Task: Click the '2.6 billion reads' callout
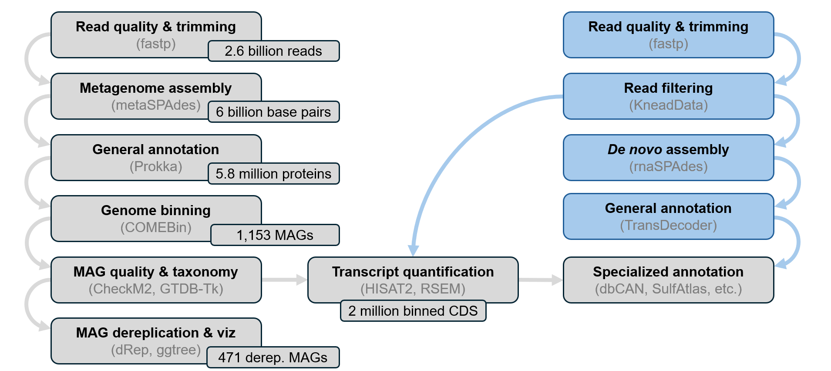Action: click(273, 51)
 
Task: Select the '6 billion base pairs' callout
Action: click(273, 112)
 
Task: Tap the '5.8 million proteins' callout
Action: click(273, 174)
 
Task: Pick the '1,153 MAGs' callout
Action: click(275, 235)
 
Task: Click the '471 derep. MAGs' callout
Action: click(273, 358)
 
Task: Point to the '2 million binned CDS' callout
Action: click(413, 311)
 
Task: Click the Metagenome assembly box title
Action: click(155, 88)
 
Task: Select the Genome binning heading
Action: click(155, 210)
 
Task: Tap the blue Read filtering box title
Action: click(668, 88)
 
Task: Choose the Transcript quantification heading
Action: click(413, 272)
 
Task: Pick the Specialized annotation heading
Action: click(668, 272)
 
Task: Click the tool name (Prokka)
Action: click(155, 166)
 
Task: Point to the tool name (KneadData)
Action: click(668, 105)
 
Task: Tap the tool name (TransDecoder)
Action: click(668, 225)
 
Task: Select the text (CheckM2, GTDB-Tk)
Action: click(155, 289)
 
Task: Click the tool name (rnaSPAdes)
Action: click(668, 166)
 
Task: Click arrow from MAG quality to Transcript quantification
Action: click(284, 280)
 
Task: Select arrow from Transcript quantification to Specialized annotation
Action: click(540, 280)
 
